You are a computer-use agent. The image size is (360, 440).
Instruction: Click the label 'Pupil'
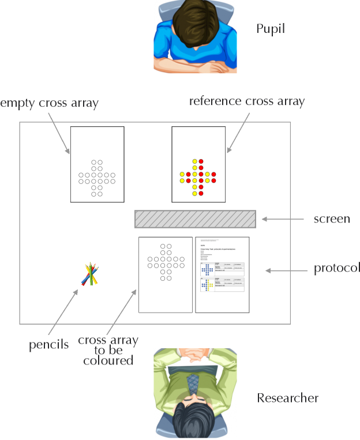pyautogui.click(x=272, y=28)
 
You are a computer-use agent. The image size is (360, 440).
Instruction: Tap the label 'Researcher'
pyautogui.click(x=287, y=398)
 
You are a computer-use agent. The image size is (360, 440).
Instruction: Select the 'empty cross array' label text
pyautogui.click(x=50, y=103)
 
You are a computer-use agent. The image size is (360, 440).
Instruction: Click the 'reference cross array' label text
pyautogui.click(x=247, y=101)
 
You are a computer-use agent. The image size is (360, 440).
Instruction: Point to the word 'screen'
pyautogui.click(x=331, y=219)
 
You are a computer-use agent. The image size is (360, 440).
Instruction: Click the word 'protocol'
pyautogui.click(x=337, y=269)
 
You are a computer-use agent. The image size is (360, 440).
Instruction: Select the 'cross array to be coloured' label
pyautogui.click(x=108, y=350)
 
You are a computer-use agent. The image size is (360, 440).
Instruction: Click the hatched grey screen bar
pyautogui.click(x=195, y=219)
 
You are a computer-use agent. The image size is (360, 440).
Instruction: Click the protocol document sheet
pyautogui.click(x=222, y=274)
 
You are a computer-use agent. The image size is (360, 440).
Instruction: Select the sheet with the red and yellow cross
pyautogui.click(x=198, y=164)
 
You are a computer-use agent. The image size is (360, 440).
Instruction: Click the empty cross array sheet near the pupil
pyautogui.click(x=97, y=164)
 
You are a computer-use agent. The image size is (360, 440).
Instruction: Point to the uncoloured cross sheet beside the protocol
pyautogui.click(x=166, y=274)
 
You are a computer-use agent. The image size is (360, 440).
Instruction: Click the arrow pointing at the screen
pyautogui.click(x=283, y=219)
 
